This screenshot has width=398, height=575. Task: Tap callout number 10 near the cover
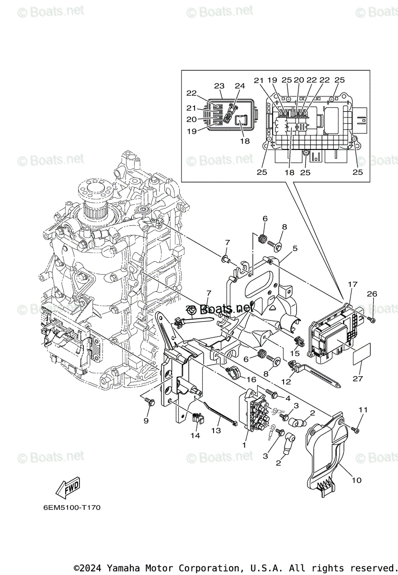(356, 480)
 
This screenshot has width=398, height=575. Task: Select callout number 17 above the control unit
(353, 285)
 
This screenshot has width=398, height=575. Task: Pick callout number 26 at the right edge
(372, 294)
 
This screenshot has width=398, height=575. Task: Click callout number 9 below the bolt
(146, 421)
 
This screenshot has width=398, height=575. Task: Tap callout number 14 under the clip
(195, 436)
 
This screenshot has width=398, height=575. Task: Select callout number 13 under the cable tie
(216, 431)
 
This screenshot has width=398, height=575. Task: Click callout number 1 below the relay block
(245, 445)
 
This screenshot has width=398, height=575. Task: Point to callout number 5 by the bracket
(295, 248)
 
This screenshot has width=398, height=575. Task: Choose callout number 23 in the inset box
(219, 86)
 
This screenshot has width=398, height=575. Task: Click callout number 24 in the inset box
(239, 86)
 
